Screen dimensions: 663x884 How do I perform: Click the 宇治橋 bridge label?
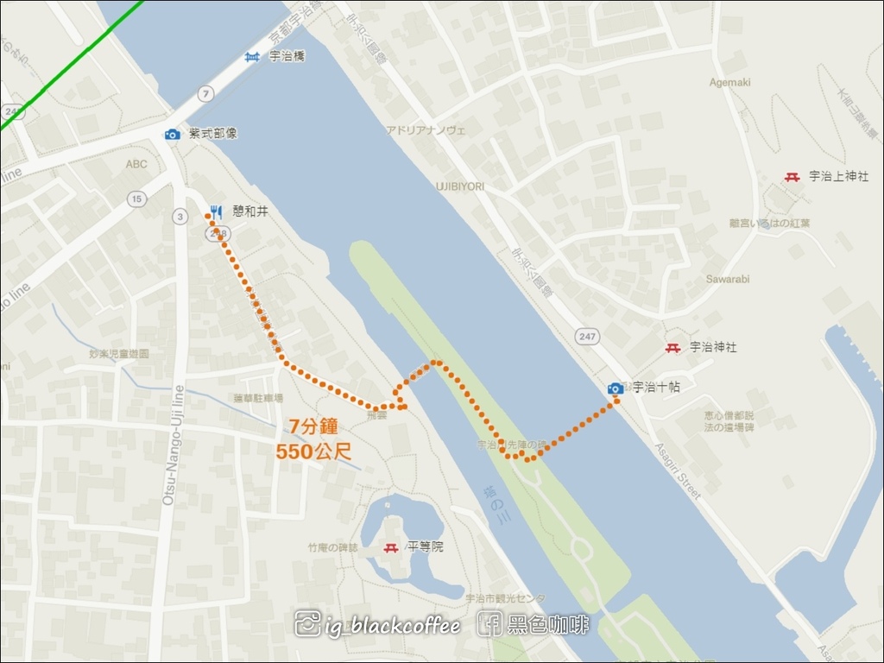click(287, 56)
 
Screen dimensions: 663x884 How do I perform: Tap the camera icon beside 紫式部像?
click(172, 134)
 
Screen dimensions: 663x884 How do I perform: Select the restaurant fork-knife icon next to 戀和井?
click(216, 211)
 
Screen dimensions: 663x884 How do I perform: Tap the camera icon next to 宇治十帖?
click(616, 388)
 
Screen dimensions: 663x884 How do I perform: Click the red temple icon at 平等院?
click(392, 547)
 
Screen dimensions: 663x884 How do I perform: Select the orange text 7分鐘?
click(318, 426)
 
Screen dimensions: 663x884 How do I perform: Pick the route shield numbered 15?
click(136, 199)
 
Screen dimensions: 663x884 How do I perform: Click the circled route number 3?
click(180, 216)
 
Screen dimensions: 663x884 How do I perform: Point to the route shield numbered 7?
click(204, 92)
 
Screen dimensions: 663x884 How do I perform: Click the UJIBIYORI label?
click(459, 186)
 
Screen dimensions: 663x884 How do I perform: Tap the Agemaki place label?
click(730, 83)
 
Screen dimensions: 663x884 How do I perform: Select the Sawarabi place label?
click(728, 280)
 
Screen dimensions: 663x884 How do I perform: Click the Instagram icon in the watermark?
click(307, 623)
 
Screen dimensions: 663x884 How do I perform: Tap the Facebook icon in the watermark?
click(489, 623)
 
